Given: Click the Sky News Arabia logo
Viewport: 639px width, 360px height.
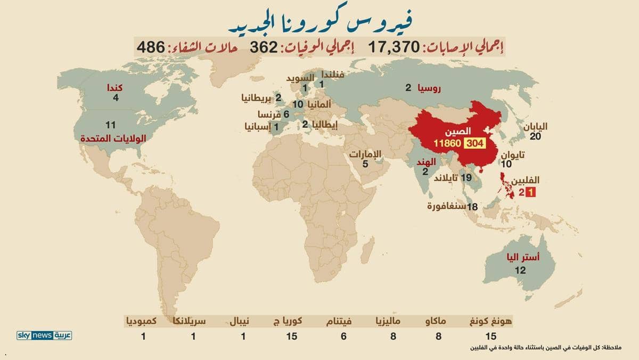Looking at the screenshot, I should pos(44,336).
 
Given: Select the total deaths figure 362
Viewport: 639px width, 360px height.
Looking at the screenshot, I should pos(264,47).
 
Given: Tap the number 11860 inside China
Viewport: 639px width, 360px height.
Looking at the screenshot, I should pos(448,143).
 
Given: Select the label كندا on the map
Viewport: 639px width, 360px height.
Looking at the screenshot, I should pos(116,87).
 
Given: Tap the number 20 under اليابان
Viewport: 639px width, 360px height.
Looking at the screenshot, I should pos(536,136).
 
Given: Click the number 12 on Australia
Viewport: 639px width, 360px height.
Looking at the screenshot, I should pos(520,271).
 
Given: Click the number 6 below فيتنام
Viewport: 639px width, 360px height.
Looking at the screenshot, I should pos(343,336).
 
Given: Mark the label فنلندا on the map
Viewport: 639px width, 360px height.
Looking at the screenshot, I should pos(330,75).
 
